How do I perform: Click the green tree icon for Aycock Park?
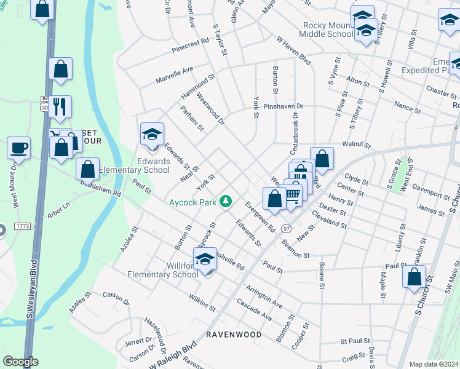pos(227,201)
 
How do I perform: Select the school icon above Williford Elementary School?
pos(205,259)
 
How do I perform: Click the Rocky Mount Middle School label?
pos(328,30)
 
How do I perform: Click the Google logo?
pos(20,362)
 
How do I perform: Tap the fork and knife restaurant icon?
pos(60,106)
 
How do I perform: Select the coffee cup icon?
pos(18,148)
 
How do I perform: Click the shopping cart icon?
pos(293,195)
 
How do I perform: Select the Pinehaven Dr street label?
pos(284,106)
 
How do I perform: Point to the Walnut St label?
pos(357,146)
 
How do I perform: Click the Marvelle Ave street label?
pos(175,74)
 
